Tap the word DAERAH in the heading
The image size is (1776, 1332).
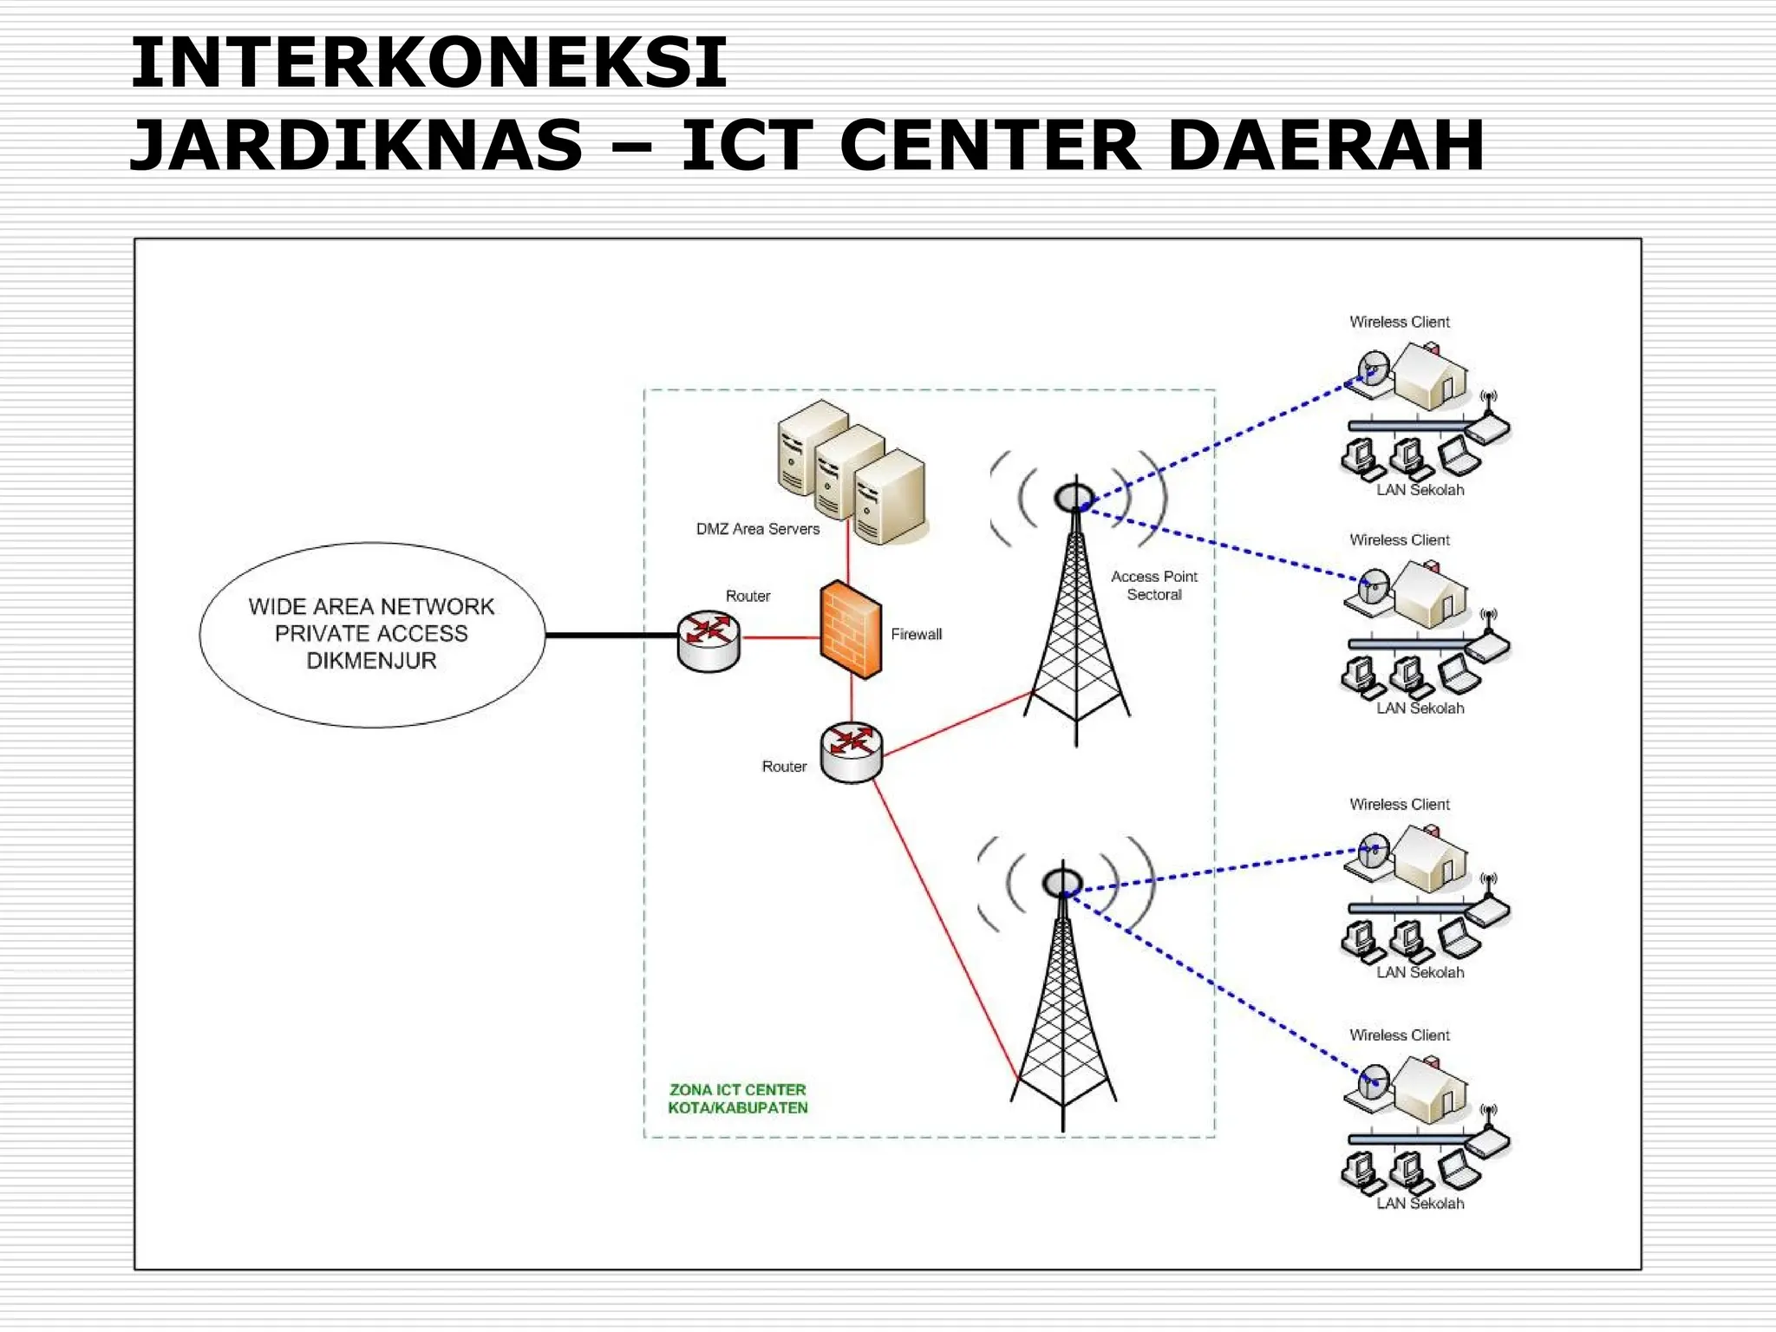pyautogui.click(x=1326, y=145)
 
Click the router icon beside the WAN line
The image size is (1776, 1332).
pyautogui.click(x=708, y=641)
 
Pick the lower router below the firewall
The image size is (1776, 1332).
pyautogui.click(x=851, y=753)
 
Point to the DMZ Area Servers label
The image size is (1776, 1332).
pyautogui.click(x=757, y=529)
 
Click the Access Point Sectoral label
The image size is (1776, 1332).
pyautogui.click(x=1153, y=585)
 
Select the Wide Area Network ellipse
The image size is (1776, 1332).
pyautogui.click(x=372, y=634)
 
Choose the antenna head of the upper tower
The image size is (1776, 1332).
pyautogui.click(x=1074, y=498)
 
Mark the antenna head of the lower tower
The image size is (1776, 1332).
pyautogui.click(x=1061, y=884)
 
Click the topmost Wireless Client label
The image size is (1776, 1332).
pyautogui.click(x=1399, y=322)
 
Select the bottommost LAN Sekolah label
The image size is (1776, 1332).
pyautogui.click(x=1420, y=1204)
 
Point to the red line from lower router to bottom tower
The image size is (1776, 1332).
pyautogui.click(x=945, y=928)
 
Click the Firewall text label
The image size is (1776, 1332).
pyautogui.click(x=916, y=634)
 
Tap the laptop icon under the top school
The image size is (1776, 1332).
pyautogui.click(x=1458, y=457)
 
